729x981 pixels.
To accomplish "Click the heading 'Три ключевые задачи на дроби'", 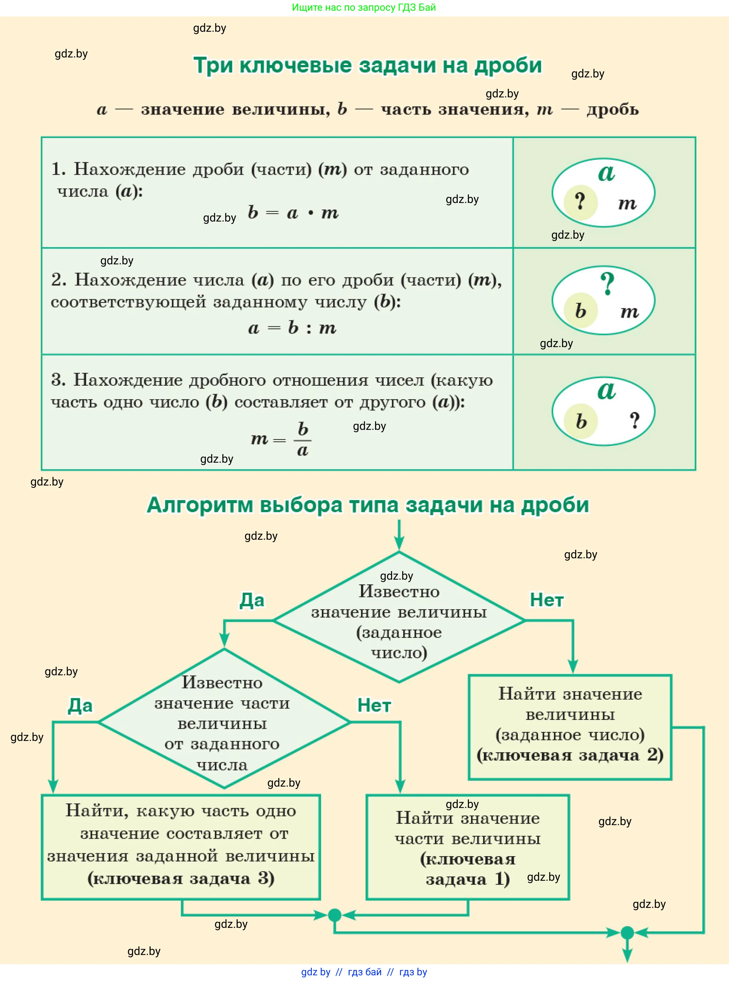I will coord(367,65).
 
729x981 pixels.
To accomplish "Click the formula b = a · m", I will coord(293,213).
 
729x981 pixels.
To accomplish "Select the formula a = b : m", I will coord(292,328).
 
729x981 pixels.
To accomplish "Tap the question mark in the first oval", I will coord(580,202).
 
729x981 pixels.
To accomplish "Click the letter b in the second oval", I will coord(581,311).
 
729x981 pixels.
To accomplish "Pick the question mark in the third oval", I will coord(634,420).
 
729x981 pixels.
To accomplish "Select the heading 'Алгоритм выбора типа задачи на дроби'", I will coord(368,505).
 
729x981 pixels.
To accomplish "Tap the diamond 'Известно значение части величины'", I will coord(223,722).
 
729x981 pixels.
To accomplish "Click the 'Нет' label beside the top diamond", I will coord(547,600).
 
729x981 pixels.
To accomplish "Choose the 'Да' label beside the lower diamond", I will coord(80,705).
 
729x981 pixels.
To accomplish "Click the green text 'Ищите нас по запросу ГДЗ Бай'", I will coord(364,7).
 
